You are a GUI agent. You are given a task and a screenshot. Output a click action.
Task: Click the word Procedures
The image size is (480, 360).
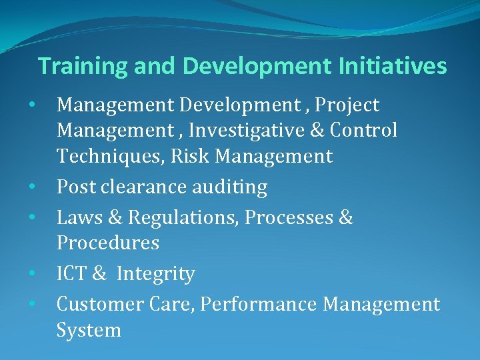(x=108, y=243)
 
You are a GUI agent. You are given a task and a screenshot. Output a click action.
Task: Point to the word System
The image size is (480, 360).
(x=89, y=330)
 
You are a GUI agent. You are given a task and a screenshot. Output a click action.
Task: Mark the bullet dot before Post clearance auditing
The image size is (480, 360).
(x=32, y=187)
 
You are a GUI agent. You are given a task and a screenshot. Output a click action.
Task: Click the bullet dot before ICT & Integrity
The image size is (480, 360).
(x=32, y=273)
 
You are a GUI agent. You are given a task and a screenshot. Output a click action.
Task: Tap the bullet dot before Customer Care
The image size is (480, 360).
(x=32, y=304)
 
